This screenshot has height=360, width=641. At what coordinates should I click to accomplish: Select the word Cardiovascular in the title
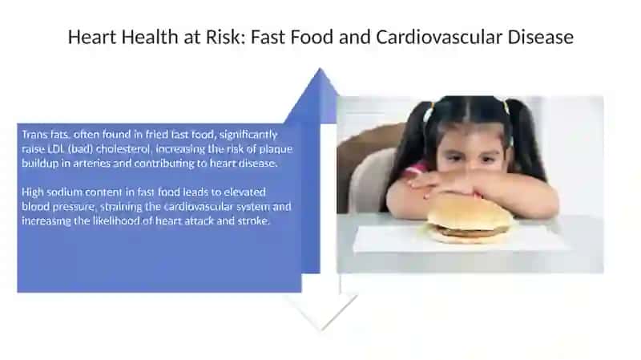point(439,37)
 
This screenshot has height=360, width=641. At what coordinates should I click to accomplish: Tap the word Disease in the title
point(540,37)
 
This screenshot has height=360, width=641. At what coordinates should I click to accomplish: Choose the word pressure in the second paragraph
point(74,207)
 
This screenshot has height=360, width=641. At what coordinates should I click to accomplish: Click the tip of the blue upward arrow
point(320,68)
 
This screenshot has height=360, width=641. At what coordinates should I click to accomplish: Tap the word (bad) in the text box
point(80,149)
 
